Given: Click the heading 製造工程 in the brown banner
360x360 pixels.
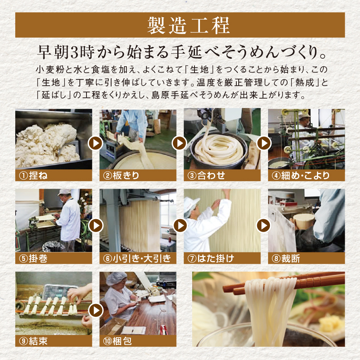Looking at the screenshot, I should click(x=180, y=25).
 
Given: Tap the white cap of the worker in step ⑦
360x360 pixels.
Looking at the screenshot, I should click(x=192, y=203).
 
